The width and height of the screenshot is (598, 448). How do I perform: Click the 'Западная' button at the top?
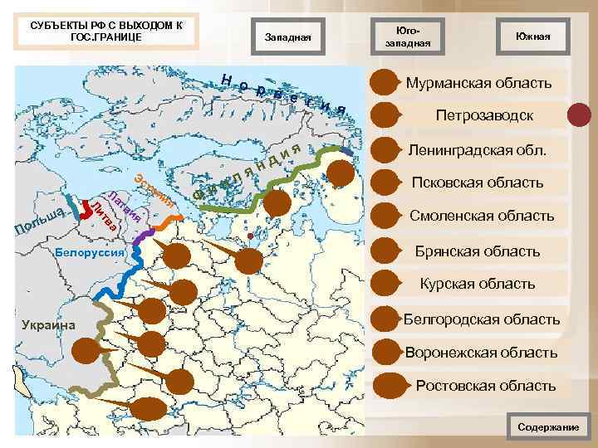[x=287, y=37]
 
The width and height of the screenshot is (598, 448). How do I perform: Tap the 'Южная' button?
[x=532, y=37]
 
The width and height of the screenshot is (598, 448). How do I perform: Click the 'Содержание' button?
[x=548, y=426]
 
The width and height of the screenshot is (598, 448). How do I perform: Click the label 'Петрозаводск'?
[x=484, y=116]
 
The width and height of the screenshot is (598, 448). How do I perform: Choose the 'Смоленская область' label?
[x=482, y=216]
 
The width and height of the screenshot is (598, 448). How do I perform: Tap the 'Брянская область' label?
[x=478, y=251]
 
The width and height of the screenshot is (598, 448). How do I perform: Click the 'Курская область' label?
[x=477, y=284]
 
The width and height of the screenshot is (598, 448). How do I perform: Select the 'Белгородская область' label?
[x=481, y=319]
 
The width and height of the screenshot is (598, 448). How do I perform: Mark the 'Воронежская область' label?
[x=481, y=353]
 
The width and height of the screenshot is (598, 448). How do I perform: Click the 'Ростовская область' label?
[x=485, y=386]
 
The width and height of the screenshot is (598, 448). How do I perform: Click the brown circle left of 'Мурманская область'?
[x=385, y=83]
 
